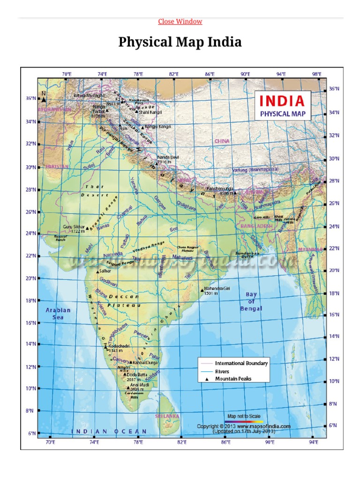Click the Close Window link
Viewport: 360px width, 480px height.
click(x=180, y=22)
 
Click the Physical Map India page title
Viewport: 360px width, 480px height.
click(x=180, y=42)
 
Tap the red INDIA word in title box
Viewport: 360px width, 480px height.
click(x=282, y=101)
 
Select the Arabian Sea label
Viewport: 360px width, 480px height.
click(x=58, y=314)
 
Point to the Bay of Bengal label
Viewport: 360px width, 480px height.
click(x=251, y=301)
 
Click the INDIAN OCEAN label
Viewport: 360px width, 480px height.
click(x=109, y=431)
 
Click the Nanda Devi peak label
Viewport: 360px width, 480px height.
click(x=168, y=159)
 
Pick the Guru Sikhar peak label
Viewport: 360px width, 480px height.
click(x=74, y=228)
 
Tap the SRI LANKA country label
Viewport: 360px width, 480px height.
click(x=167, y=416)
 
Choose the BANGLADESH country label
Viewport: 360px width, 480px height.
click(x=256, y=226)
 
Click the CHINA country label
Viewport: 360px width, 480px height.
click(x=222, y=141)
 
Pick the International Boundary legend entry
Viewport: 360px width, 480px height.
click(x=241, y=363)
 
